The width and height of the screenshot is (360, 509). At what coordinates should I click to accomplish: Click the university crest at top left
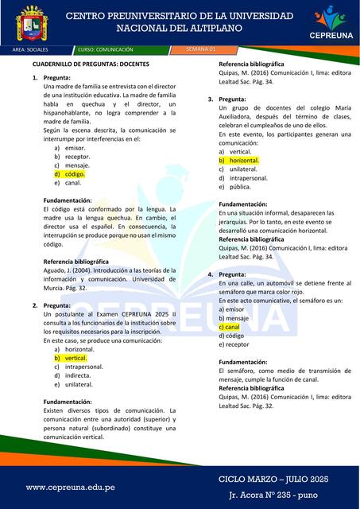(x=33, y=25)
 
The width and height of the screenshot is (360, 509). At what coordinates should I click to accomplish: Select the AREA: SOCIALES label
(x=31, y=49)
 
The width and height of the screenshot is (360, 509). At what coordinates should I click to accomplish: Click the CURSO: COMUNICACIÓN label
(x=106, y=49)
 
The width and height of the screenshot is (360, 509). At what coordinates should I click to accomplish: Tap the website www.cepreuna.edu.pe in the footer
(x=71, y=487)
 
